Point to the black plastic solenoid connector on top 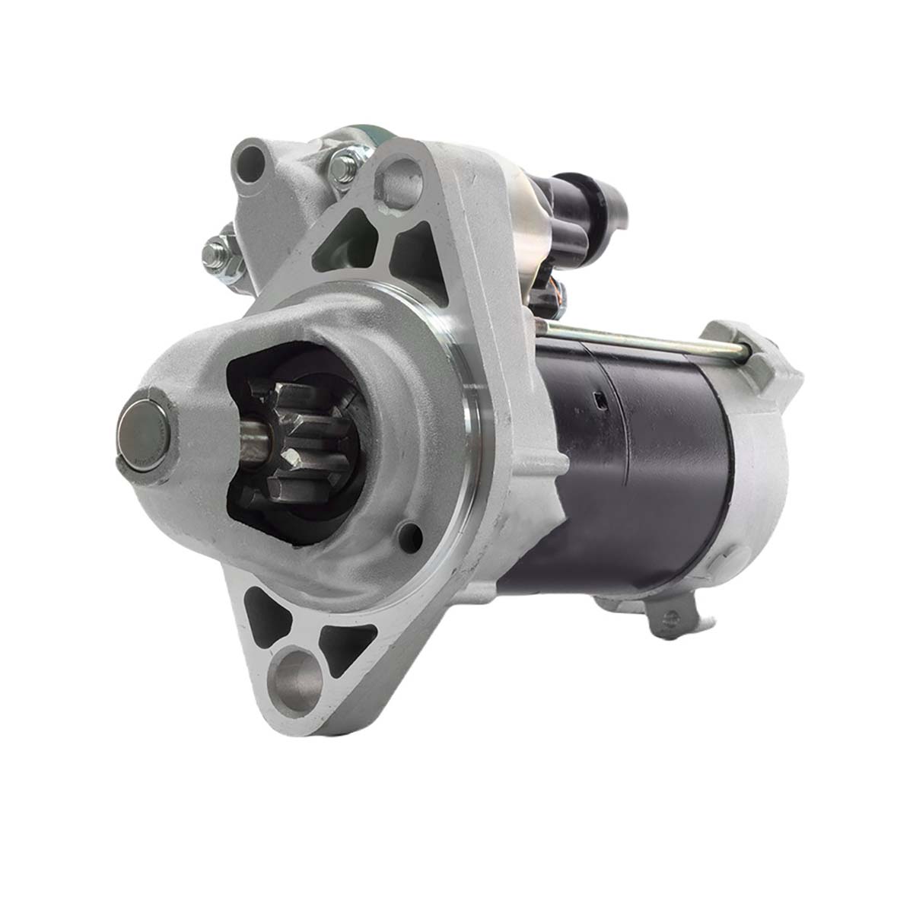pos(586,205)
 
